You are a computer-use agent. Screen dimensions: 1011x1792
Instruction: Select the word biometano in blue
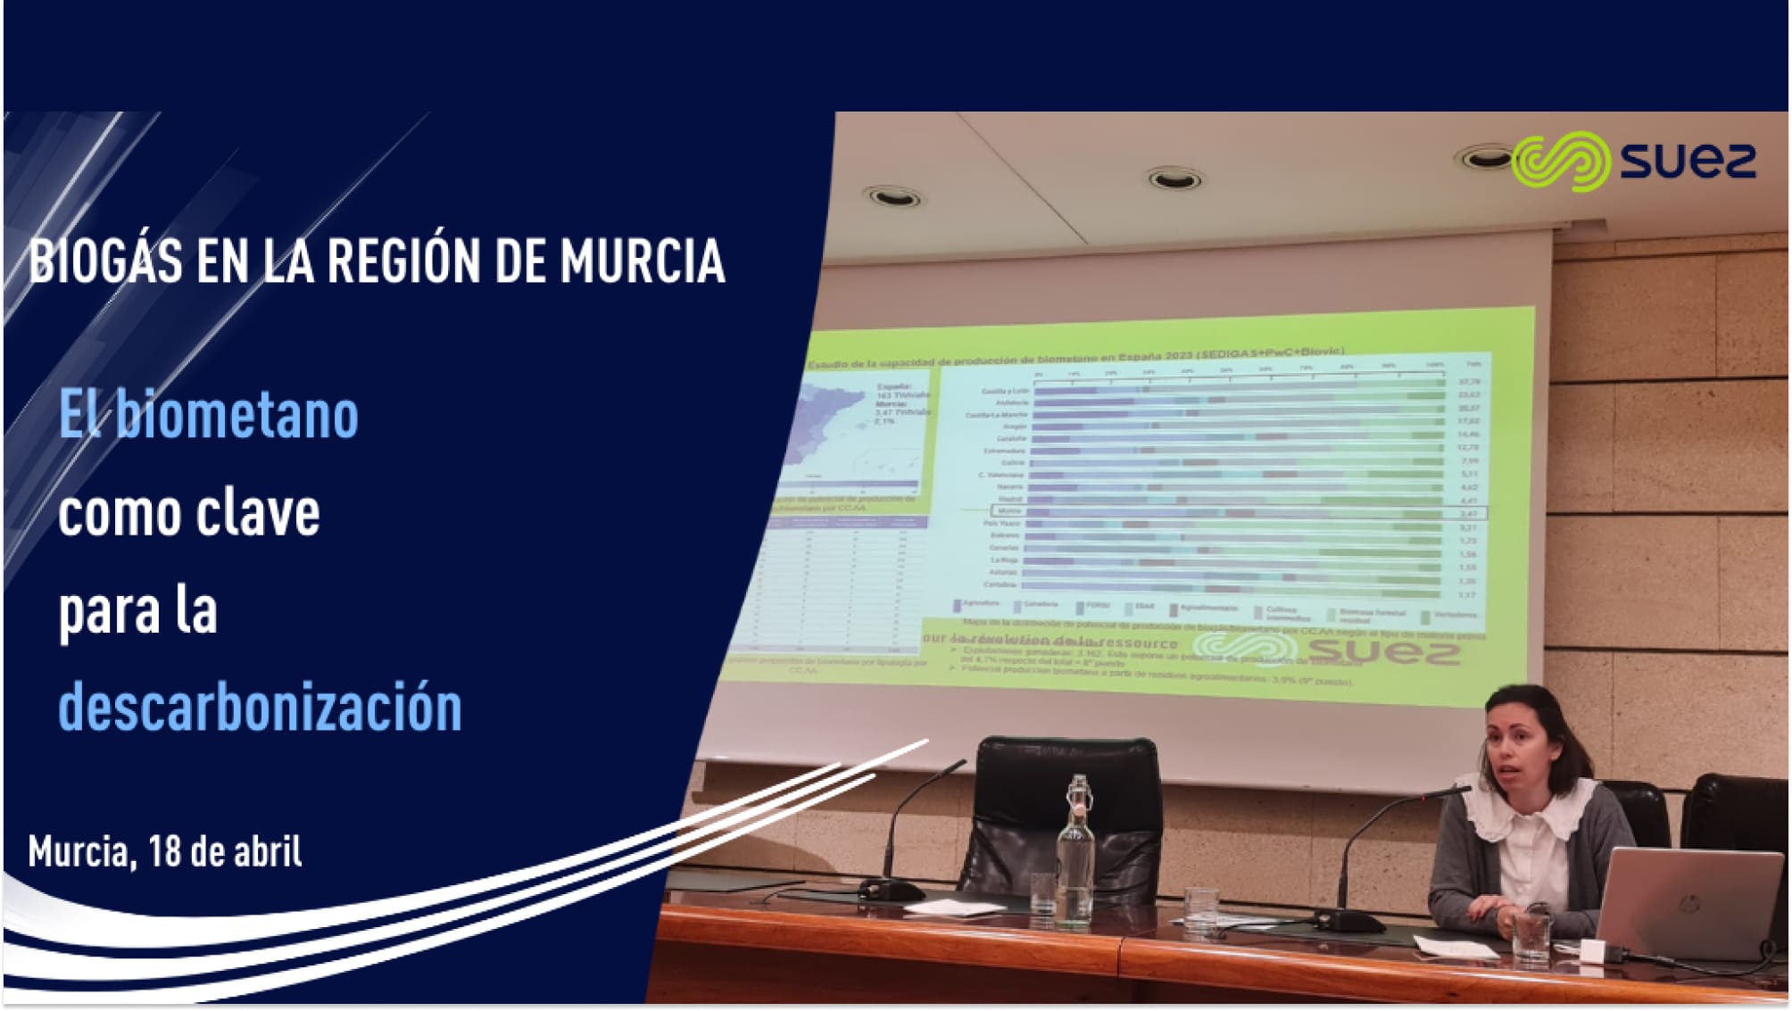(236, 416)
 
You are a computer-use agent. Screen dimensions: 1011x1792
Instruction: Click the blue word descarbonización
(260, 708)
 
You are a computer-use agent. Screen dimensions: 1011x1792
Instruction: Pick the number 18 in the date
(165, 851)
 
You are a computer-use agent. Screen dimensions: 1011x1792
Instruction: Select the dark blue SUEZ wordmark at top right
(1688, 162)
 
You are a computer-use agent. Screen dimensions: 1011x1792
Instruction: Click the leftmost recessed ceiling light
(892, 196)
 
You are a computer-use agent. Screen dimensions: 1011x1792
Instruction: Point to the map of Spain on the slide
(839, 428)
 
